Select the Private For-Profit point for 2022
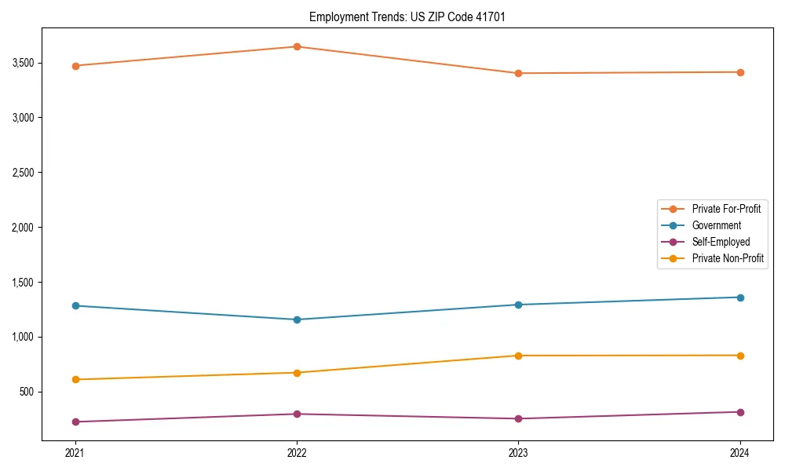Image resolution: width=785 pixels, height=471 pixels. coord(297,46)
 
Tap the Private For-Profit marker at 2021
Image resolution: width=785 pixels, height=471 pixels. coord(75,66)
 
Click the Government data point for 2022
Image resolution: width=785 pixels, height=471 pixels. coord(297,319)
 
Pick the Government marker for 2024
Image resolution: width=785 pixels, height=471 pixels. coord(740,298)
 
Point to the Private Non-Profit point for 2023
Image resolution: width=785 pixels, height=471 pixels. coord(518,356)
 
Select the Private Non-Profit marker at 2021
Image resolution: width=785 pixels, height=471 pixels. coord(75,379)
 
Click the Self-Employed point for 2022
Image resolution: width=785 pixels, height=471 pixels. coord(297,414)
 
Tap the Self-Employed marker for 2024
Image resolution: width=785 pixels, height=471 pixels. coord(740,412)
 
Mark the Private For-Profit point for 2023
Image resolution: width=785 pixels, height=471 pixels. coord(518,73)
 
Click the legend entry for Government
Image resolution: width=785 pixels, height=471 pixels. coord(716,225)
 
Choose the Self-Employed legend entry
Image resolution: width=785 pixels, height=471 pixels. coord(721,242)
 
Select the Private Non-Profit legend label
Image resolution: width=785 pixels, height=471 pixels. coord(728,258)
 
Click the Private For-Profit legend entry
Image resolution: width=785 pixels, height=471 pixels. coord(726,209)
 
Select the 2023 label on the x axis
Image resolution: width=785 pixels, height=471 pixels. coord(518,453)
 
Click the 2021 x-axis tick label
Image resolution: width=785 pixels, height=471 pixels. coord(75,453)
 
